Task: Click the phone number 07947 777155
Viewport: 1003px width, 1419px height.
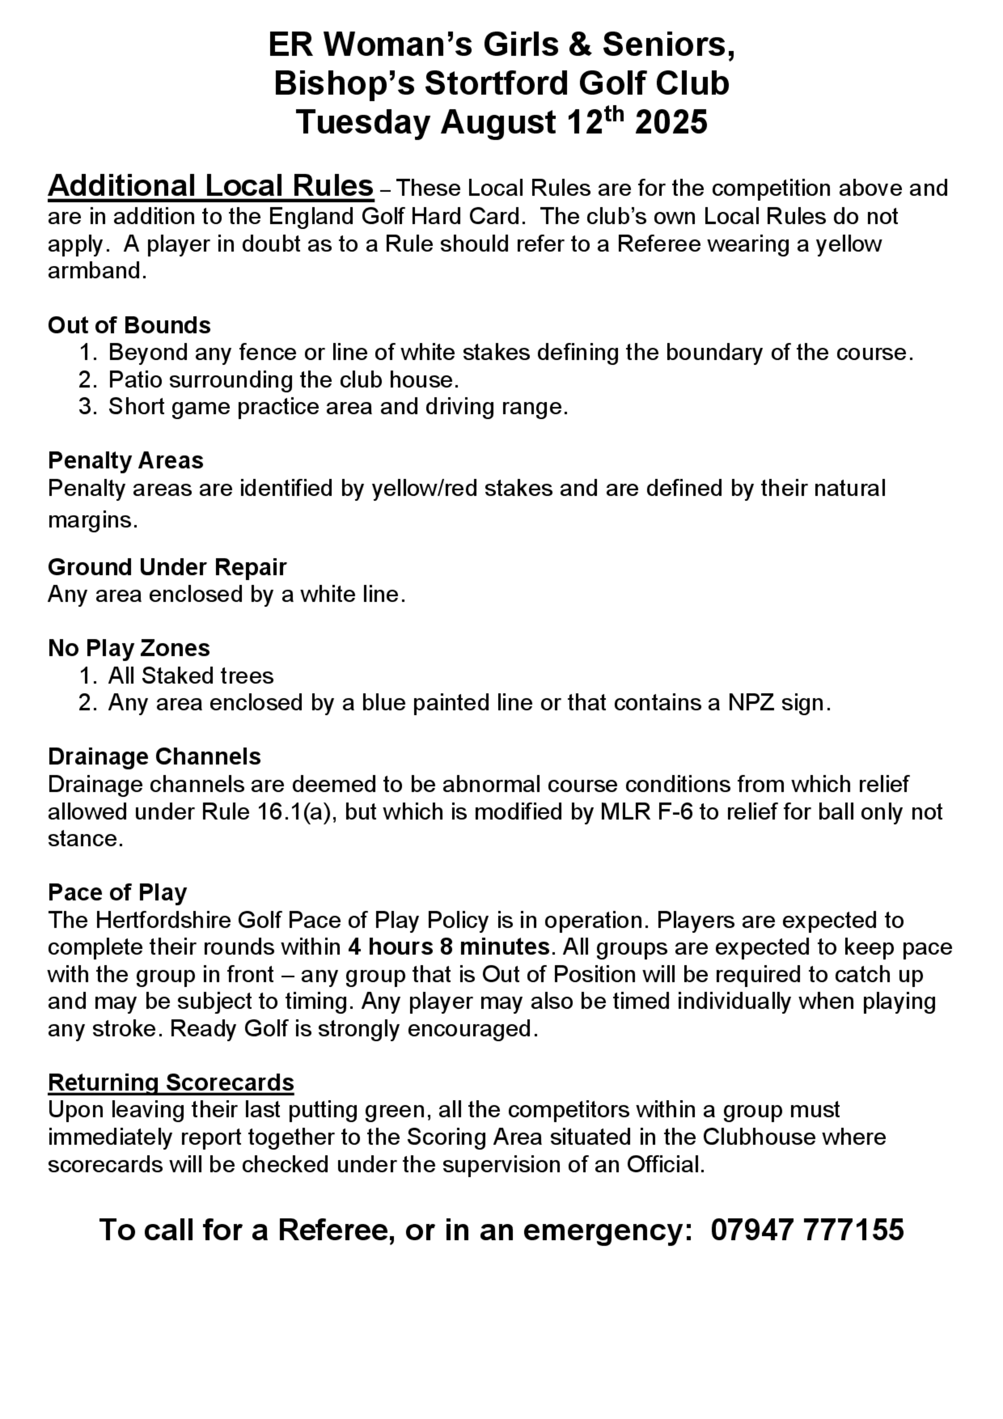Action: pos(807,1230)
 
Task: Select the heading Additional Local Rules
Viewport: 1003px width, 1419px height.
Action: pos(211,186)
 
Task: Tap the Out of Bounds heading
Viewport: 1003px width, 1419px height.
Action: pos(129,325)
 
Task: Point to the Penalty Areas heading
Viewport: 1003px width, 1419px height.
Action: pos(125,460)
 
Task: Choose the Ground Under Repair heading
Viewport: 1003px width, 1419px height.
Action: pos(167,567)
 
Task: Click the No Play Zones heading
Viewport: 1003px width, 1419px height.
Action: pos(128,648)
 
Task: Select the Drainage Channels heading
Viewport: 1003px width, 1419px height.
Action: pos(154,756)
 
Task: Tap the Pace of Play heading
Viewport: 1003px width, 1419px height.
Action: pos(117,892)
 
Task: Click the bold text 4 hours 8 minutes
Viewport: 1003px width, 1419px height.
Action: pos(449,947)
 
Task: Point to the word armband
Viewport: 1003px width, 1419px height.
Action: pos(96,271)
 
